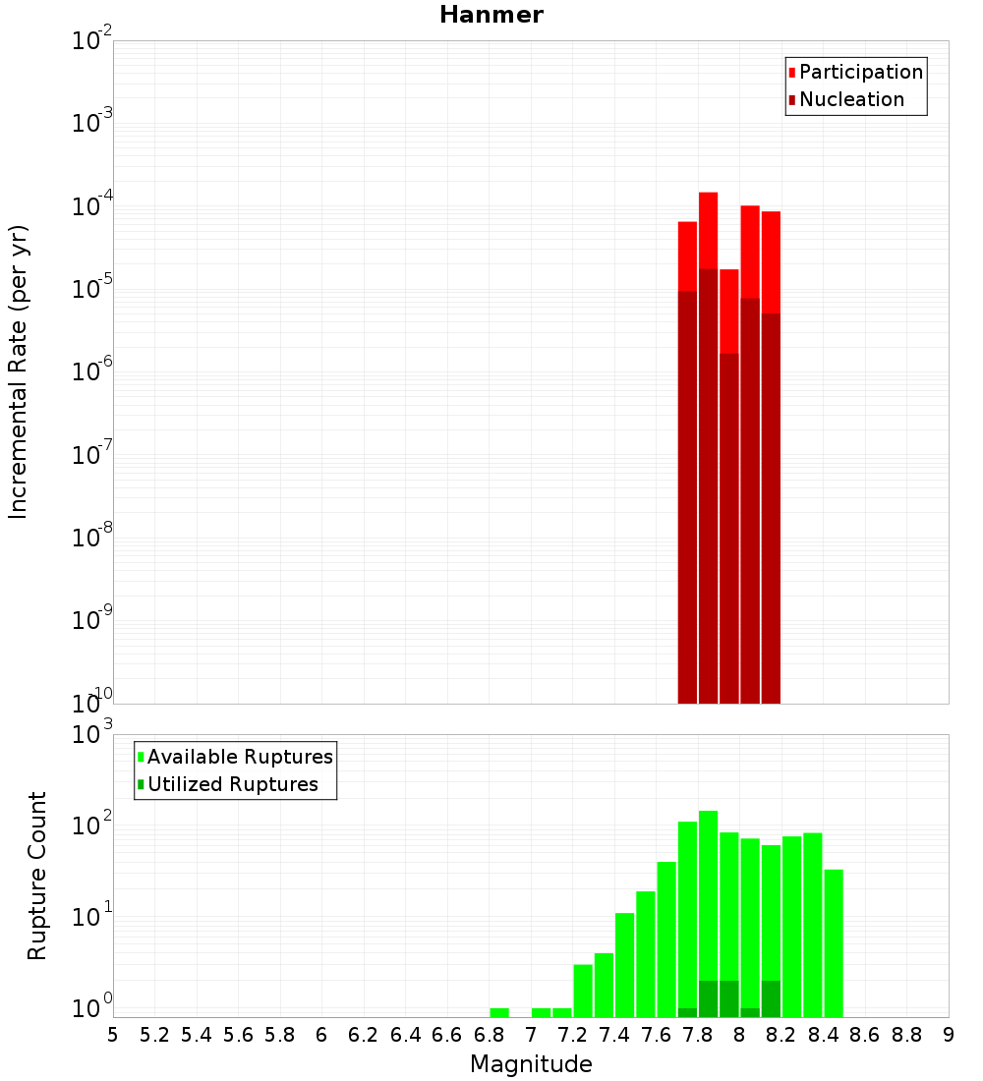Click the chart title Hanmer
click(x=491, y=15)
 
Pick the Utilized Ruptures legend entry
click(x=231, y=784)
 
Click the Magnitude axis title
click(x=531, y=1064)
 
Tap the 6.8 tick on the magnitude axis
click(x=489, y=1034)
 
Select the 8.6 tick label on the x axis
click(x=865, y=1034)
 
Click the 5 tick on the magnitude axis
click(x=113, y=1034)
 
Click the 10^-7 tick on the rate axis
click(x=92, y=456)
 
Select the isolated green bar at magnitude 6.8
click(x=499, y=1012)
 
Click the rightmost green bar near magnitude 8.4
click(x=834, y=943)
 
